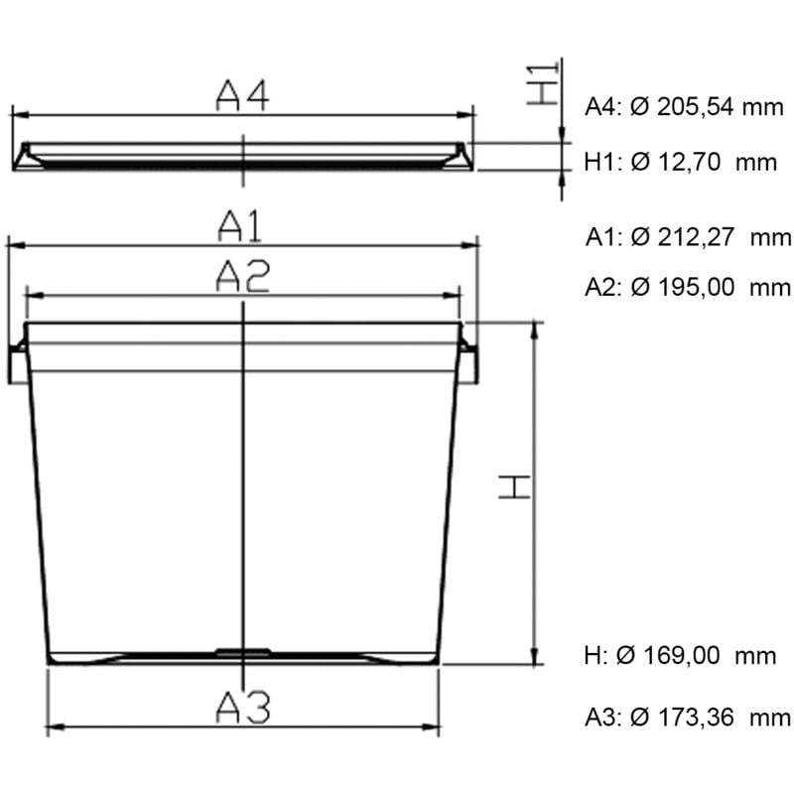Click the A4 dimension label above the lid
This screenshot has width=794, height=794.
pyautogui.click(x=242, y=95)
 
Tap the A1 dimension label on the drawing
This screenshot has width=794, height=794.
pyautogui.click(x=241, y=227)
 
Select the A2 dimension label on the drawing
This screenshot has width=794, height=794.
pyautogui.click(x=242, y=277)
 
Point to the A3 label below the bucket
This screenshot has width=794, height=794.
pyautogui.click(x=243, y=708)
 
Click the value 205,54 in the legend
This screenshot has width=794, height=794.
pyautogui.click(x=685, y=106)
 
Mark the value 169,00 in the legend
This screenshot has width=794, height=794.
pyautogui.click(x=691, y=656)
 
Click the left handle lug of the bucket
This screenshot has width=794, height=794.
pyautogui.click(x=17, y=364)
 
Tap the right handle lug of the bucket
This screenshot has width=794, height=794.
pyautogui.click(x=469, y=364)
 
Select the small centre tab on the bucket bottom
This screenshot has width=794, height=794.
pyautogui.click(x=243, y=652)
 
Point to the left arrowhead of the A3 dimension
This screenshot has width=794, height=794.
pyautogui.click(x=54, y=727)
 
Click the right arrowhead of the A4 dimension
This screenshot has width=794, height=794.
pyautogui.click(x=469, y=115)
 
